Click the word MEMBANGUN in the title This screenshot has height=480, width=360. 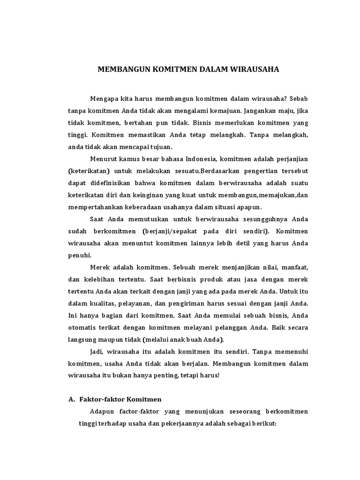121,69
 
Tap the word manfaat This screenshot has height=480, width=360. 296,268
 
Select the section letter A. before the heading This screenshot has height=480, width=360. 72,399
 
